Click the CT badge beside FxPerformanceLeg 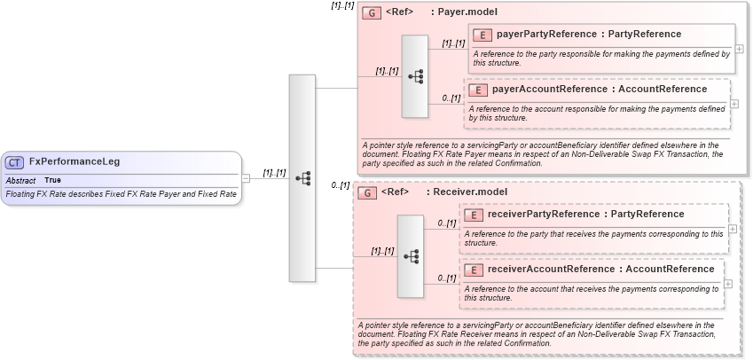(x=15, y=162)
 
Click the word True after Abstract (x=53, y=180)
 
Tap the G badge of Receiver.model (x=366, y=192)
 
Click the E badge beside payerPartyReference (x=482, y=35)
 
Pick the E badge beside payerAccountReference (x=477, y=90)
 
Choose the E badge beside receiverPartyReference (x=474, y=215)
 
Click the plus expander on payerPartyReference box (x=739, y=49)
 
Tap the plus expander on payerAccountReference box (x=733, y=103)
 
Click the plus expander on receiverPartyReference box (x=732, y=228)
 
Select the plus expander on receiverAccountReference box (x=728, y=283)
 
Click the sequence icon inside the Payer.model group (x=415, y=77)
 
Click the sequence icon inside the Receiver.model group (x=411, y=255)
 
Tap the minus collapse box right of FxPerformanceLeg (x=247, y=177)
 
